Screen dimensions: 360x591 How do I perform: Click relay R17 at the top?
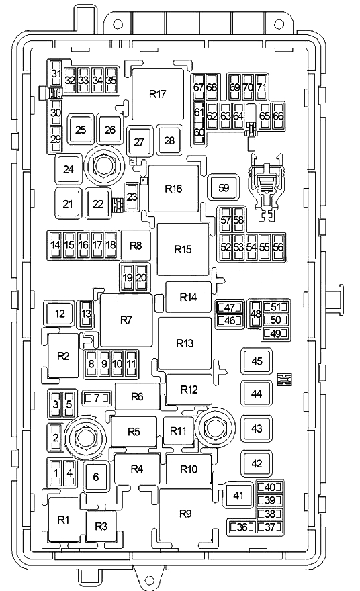[158, 94]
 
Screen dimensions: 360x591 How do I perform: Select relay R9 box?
[185, 514]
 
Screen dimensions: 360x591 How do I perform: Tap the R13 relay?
[185, 343]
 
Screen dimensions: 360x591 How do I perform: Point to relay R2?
[63, 356]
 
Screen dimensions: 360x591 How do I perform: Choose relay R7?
[126, 320]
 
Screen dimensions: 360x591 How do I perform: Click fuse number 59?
[224, 187]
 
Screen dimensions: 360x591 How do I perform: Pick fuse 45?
[257, 361]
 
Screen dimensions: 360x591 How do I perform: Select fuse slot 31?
[56, 74]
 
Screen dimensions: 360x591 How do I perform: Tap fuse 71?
[261, 87]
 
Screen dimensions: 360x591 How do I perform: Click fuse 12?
[60, 314]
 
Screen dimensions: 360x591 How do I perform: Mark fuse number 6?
[96, 478]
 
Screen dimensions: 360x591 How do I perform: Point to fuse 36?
[242, 527]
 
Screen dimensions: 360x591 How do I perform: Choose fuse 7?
[97, 398]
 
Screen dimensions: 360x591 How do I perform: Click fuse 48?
[256, 314]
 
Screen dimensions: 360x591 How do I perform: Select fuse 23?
[132, 197]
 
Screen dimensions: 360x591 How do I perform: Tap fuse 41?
[238, 495]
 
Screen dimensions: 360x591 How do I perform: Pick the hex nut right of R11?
[215, 427]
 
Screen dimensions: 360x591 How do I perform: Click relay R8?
[136, 246]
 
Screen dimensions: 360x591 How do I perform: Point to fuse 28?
[169, 140]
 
